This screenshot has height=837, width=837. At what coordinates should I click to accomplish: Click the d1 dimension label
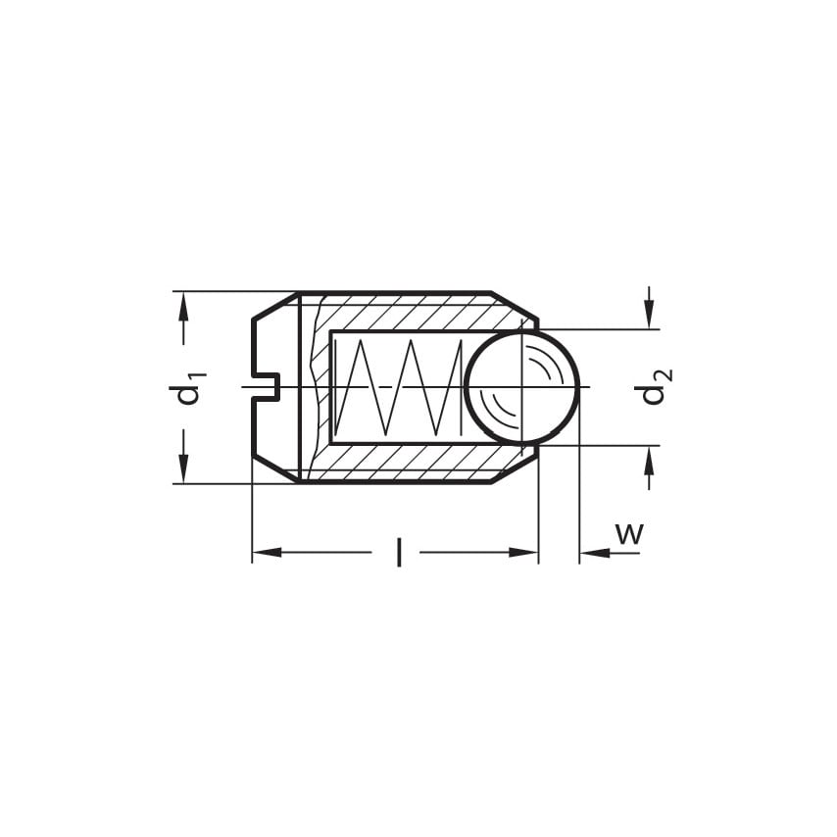[187, 388]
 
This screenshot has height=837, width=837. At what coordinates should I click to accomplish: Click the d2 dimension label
[654, 387]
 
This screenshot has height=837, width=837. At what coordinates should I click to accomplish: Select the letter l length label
[398, 552]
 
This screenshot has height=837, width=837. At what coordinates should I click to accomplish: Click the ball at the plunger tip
[521, 387]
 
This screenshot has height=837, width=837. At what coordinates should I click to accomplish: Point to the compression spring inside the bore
[399, 387]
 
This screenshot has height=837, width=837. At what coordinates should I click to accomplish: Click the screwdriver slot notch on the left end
[266, 387]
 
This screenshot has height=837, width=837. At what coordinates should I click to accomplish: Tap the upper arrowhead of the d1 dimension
[183, 306]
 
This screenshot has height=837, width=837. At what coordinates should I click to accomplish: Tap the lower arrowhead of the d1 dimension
[183, 469]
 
